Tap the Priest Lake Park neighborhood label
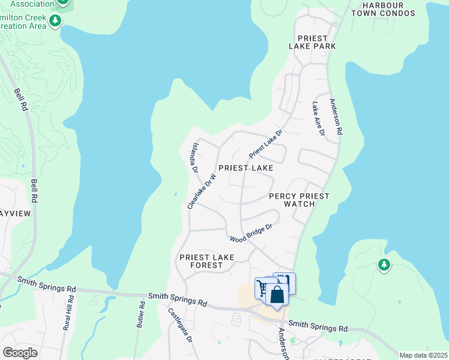312,42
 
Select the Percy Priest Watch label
299,200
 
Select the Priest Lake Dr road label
265,145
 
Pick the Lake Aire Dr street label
318,118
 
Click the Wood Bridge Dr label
252,233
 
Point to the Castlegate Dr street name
179,325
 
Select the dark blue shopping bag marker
277,295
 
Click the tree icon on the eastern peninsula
384,264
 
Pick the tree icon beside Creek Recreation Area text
55,22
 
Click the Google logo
20,352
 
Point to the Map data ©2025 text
423,355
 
